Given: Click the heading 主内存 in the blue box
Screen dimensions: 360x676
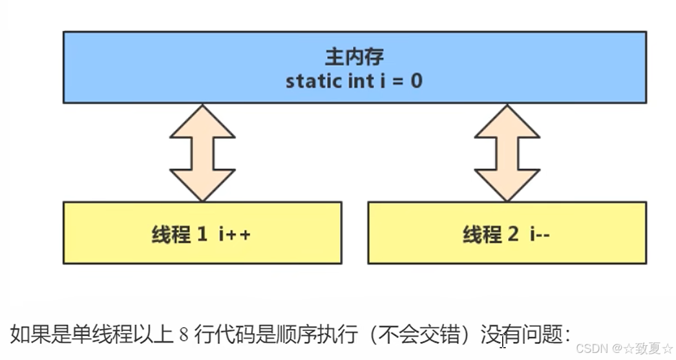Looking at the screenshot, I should coord(354,57).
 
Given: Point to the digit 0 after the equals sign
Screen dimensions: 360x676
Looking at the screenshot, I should coord(416,82).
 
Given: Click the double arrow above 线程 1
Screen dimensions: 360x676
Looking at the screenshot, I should coord(202,152).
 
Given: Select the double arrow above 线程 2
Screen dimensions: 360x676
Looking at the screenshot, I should coord(507,152).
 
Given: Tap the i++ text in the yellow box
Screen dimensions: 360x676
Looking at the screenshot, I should coord(234,234).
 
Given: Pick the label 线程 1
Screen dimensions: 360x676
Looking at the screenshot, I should coord(180,234).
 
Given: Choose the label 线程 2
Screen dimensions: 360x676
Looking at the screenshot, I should coord(491,234).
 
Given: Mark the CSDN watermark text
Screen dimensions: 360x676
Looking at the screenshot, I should coord(589,349).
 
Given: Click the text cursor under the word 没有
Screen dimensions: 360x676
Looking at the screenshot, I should coord(502,342).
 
